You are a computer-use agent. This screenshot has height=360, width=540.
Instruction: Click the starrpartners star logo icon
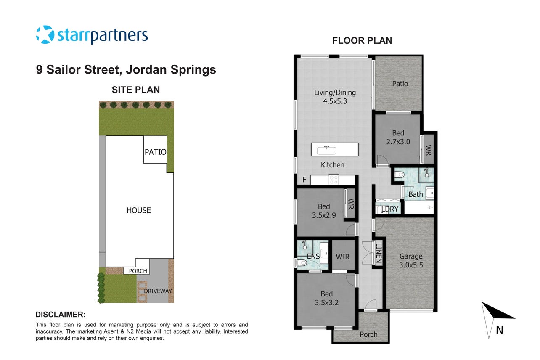(45, 34)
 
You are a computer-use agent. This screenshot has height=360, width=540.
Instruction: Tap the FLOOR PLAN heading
(362, 40)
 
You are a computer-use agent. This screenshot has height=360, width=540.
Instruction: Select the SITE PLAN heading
(136, 90)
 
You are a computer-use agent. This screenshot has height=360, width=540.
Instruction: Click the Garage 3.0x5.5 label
(411, 260)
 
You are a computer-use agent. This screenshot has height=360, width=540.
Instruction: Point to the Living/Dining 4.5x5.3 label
(335, 97)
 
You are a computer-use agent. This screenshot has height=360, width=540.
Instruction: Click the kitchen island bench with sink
(335, 149)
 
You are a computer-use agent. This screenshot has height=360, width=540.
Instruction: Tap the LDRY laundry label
(390, 209)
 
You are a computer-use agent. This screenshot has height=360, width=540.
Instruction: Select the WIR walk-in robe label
(343, 257)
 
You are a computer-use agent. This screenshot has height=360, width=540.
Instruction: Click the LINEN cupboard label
(379, 253)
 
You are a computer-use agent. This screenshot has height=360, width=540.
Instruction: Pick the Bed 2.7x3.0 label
(398, 137)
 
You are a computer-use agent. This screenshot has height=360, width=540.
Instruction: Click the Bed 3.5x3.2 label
(327, 298)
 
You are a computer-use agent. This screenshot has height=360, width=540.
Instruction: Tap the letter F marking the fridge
(304, 180)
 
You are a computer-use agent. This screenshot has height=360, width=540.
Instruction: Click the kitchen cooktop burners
(334, 180)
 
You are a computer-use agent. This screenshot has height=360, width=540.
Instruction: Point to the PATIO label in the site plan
(156, 152)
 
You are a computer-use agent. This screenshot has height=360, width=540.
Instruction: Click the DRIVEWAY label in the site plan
(158, 291)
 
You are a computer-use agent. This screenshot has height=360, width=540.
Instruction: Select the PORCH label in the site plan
(138, 271)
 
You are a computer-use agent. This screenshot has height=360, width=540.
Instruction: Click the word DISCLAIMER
(61, 315)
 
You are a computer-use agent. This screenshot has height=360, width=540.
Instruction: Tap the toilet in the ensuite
(302, 262)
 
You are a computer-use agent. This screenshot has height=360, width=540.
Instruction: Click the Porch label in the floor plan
(368, 334)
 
